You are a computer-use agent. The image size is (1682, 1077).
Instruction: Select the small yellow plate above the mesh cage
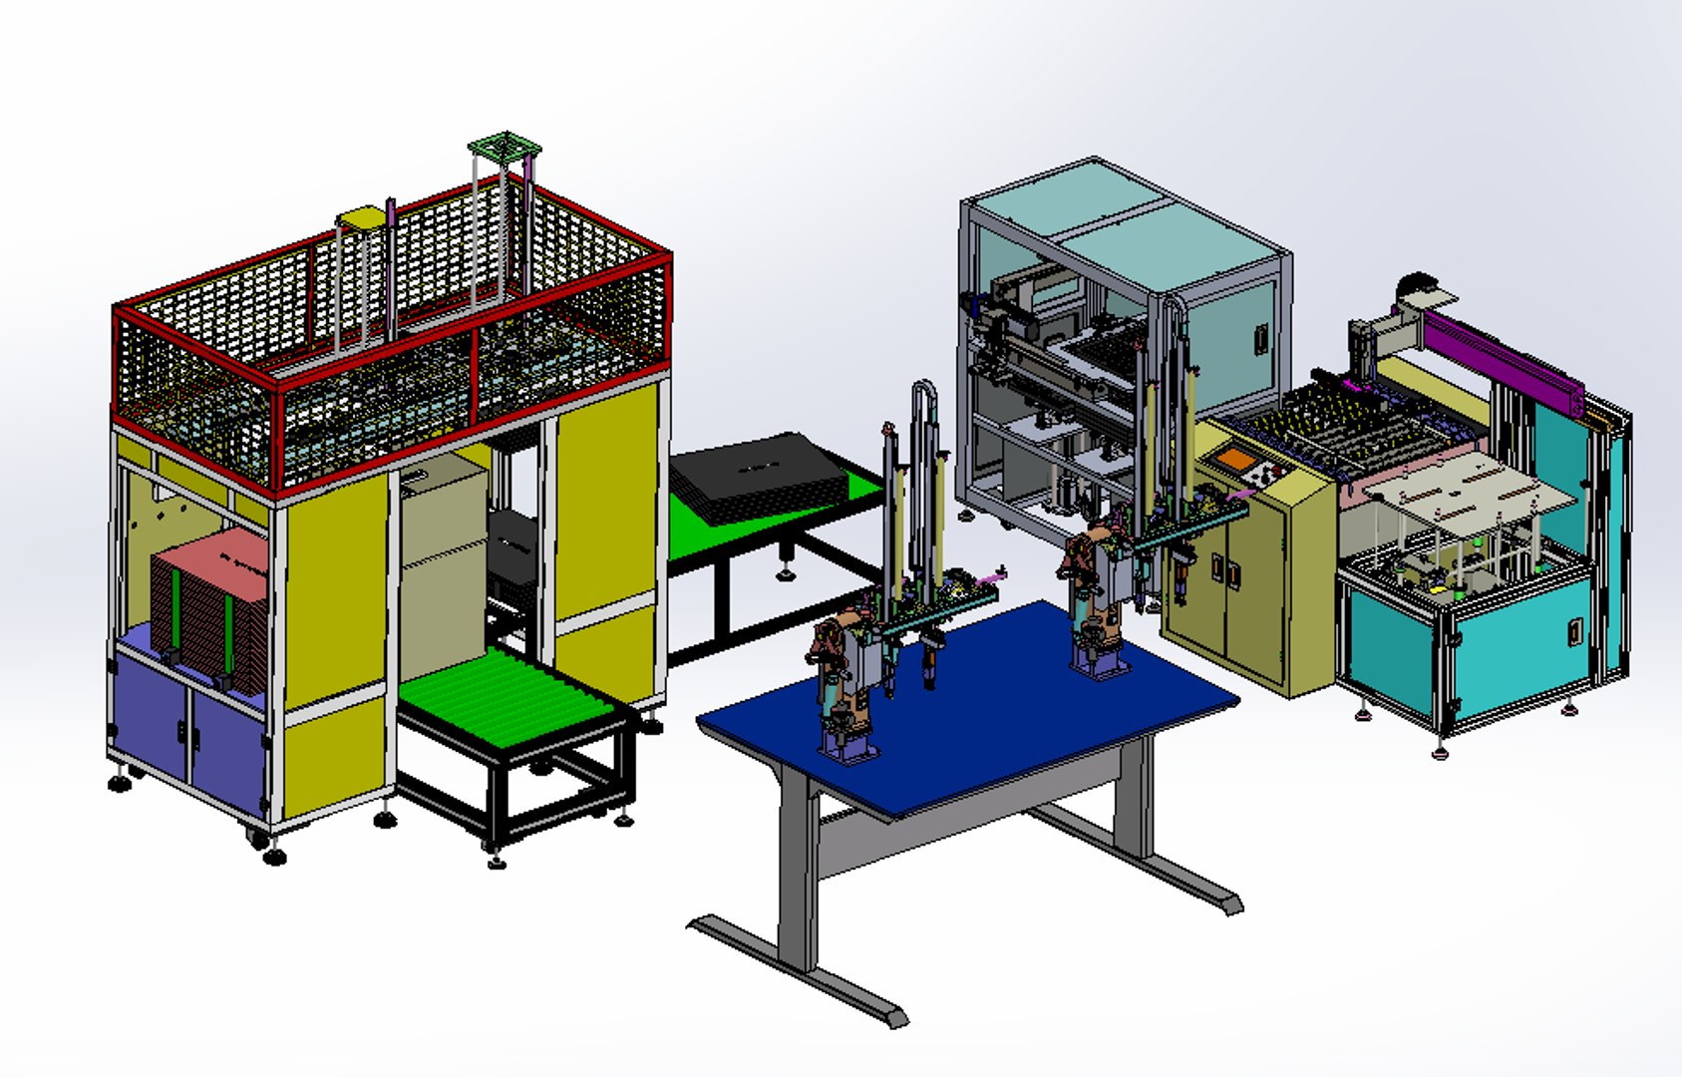click(359, 218)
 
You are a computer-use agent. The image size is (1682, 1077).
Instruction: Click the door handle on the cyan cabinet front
click(1574, 631)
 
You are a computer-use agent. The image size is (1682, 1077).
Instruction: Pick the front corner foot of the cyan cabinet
click(1440, 753)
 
